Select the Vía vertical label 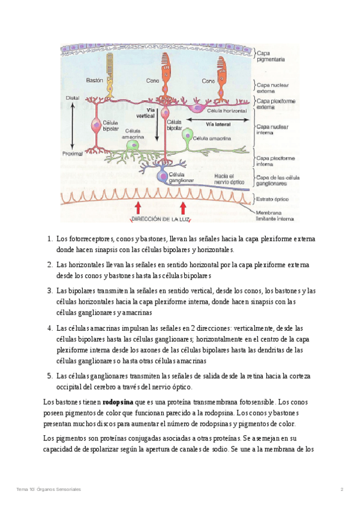(x=146, y=113)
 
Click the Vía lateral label (x=218, y=125)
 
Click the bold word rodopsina (x=118, y=402)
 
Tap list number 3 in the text (x=50, y=291)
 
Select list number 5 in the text (x=50, y=376)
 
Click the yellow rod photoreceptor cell (x=110, y=72)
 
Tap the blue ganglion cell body (x=163, y=175)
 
